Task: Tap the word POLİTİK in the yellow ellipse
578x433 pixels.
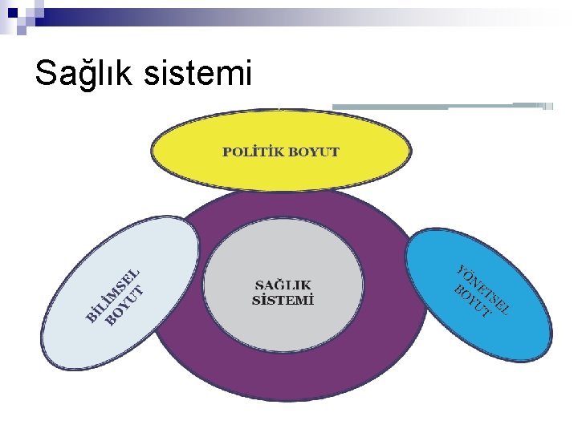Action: [252, 152]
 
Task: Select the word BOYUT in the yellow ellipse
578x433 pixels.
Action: [313, 152]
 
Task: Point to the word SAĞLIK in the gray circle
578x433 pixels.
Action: [283, 285]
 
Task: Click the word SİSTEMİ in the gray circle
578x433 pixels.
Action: [283, 301]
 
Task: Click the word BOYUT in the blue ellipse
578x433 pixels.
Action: [471, 300]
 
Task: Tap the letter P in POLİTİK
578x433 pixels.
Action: [227, 152]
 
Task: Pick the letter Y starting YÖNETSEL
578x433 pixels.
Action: [463, 270]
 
